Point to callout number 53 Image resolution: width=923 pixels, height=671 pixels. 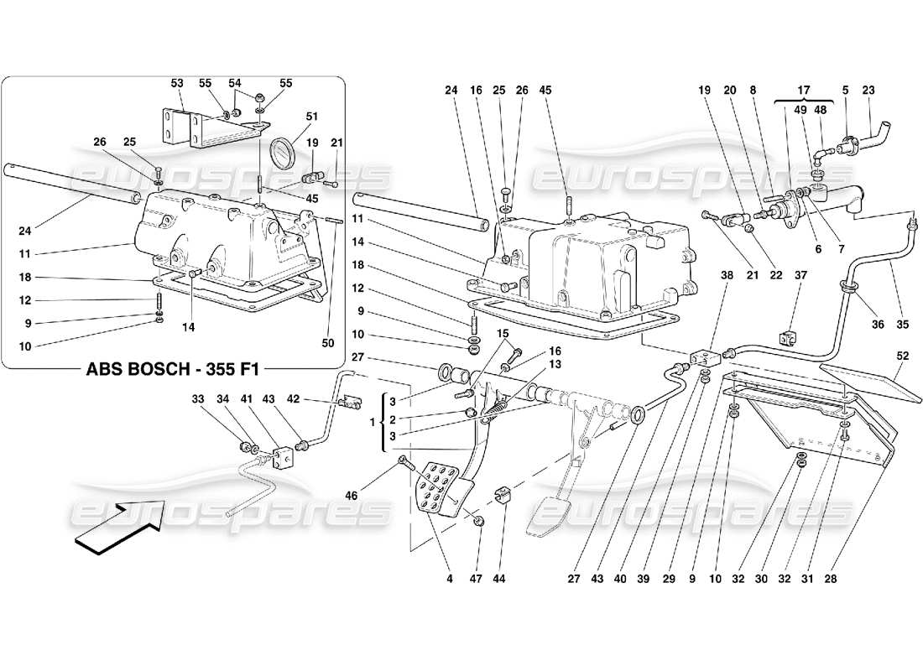coord(177,83)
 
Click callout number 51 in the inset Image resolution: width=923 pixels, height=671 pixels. coord(288,117)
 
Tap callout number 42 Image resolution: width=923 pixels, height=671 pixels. coord(316,399)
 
